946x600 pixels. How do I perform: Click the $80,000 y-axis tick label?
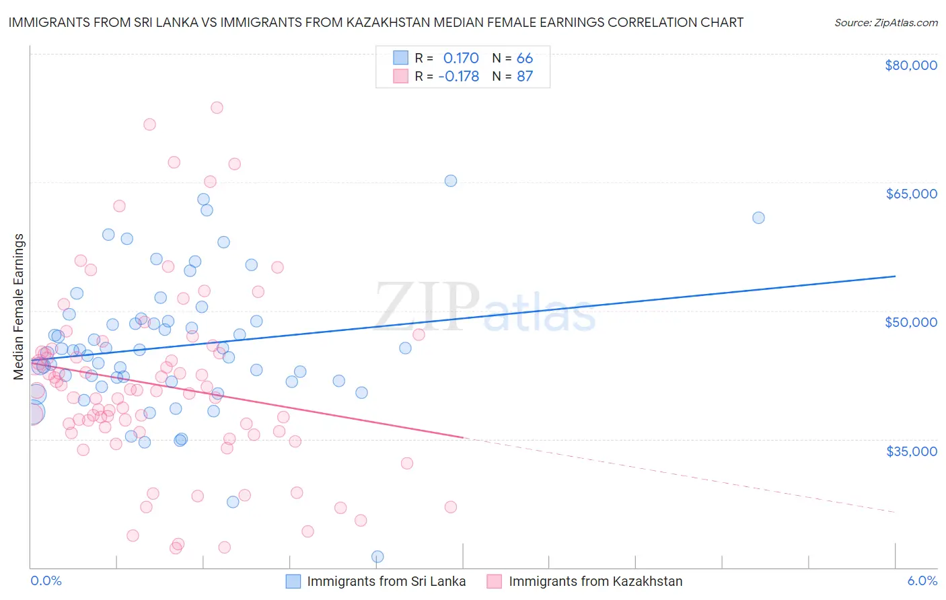tap(911, 65)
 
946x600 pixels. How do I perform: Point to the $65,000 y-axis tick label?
tap(911, 194)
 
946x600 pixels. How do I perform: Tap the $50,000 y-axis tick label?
tap(911, 322)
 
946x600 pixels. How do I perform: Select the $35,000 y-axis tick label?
tap(911, 451)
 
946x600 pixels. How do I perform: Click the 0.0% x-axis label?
tap(46, 580)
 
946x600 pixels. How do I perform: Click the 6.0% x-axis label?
tap(922, 580)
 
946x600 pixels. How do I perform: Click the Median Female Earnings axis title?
tap(19, 307)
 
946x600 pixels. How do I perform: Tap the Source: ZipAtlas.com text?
tap(885, 22)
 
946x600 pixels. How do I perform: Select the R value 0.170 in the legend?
tap(461, 58)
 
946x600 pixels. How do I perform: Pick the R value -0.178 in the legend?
tap(458, 76)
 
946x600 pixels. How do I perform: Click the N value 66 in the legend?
tap(525, 58)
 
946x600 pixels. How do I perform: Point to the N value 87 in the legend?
tap(525, 76)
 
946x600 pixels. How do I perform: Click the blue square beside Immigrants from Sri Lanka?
tap(293, 581)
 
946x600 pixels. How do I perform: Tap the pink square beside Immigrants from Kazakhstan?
tap(495, 581)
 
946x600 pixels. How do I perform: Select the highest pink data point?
tap(217, 108)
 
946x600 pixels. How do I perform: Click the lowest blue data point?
tap(377, 556)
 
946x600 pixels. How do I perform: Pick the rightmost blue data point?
tap(758, 217)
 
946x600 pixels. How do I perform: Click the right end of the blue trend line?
tap(895, 276)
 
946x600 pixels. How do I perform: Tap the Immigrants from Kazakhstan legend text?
tap(595, 581)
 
